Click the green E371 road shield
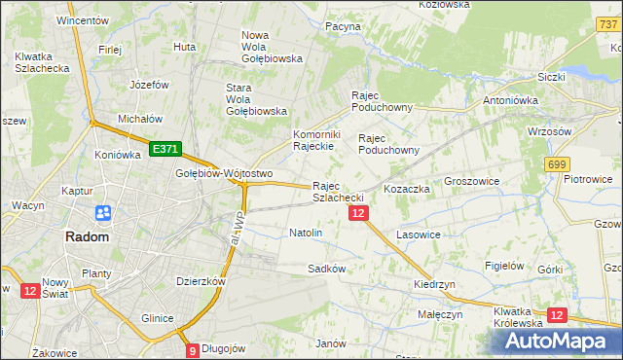tap(165, 149)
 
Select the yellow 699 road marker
tap(557, 164)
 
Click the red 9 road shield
tap(193, 349)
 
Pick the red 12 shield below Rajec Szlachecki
tap(358, 213)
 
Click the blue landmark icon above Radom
tap(102, 213)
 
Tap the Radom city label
tap(87, 236)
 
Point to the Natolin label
tap(306, 234)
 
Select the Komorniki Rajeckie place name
tap(314, 140)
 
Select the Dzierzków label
tap(201, 281)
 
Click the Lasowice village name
tap(420, 235)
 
